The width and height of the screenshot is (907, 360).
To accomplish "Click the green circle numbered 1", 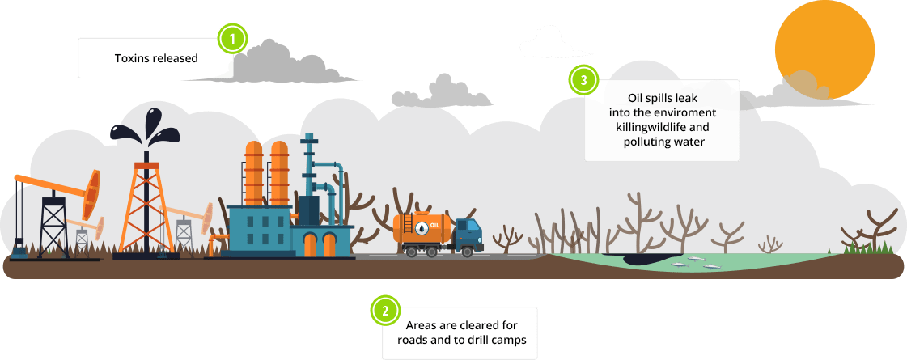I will coord(233,37).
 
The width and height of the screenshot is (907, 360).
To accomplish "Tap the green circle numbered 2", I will coord(385,310).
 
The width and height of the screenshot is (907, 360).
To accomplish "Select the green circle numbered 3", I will coord(583,80).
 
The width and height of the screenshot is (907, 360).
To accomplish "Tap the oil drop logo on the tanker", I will coord(422,227).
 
